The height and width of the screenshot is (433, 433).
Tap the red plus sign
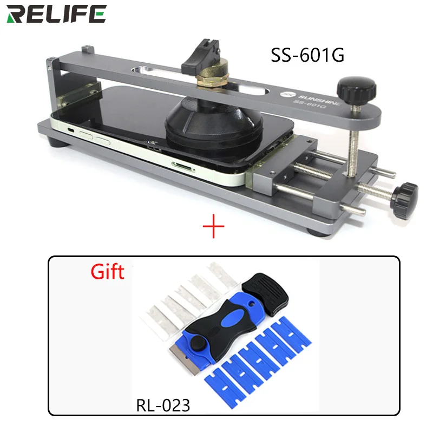pos(213,227)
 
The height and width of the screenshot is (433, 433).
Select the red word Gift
pos(107,271)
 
